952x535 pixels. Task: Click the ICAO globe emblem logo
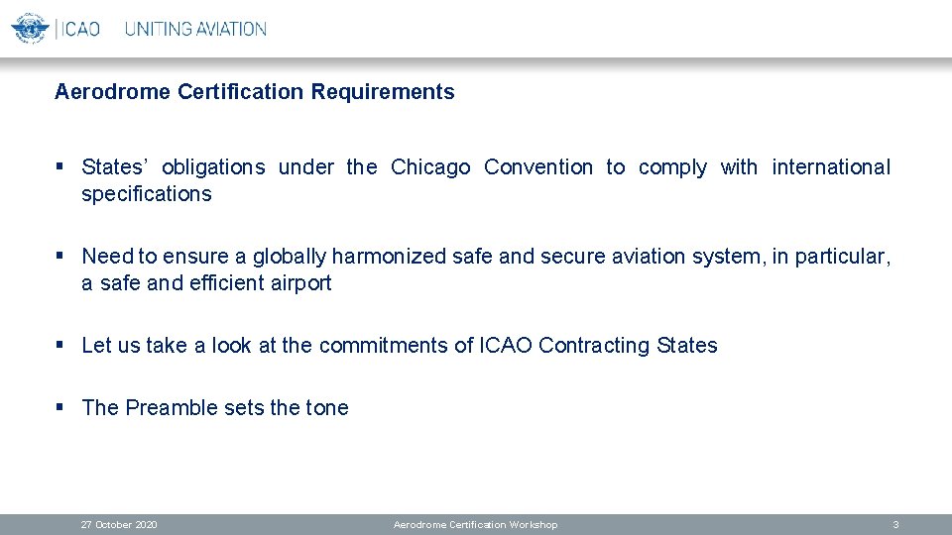pos(30,28)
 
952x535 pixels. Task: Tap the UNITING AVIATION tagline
pos(195,29)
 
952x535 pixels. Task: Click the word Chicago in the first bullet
pos(430,167)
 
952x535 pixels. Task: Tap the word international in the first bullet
pos(831,167)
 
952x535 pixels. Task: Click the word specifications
pos(147,195)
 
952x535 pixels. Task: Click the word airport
pos(300,284)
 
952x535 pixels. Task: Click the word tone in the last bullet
pos(327,408)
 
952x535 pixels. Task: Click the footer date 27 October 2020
pos(119,524)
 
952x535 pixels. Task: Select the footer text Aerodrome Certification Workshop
pos(475,524)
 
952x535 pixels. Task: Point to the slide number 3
pos(895,524)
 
